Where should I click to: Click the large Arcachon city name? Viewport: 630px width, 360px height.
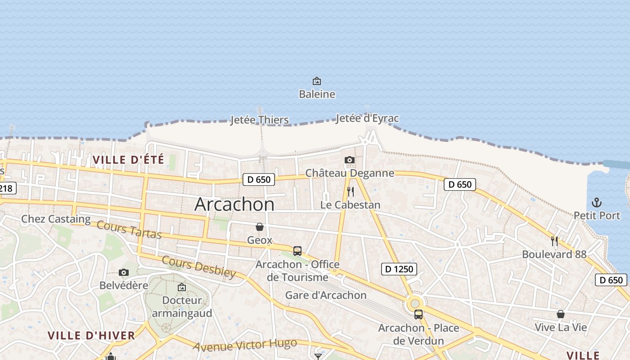(234, 205)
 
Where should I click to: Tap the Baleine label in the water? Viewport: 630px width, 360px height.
(317, 94)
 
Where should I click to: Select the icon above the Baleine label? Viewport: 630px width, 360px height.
(317, 81)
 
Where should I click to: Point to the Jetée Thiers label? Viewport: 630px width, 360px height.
(259, 120)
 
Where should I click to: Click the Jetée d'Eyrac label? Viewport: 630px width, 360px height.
(367, 118)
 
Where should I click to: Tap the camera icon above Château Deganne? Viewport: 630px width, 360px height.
(349, 160)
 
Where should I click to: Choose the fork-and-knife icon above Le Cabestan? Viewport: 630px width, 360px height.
(351, 192)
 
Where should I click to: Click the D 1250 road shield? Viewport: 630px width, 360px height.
(399, 269)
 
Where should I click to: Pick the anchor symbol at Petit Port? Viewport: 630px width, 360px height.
(597, 202)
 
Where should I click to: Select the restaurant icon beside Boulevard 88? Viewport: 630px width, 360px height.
(554, 241)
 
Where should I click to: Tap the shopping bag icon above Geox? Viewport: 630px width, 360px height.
(260, 227)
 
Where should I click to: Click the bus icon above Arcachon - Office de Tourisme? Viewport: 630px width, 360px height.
(297, 251)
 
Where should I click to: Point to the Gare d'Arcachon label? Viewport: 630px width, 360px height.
(326, 295)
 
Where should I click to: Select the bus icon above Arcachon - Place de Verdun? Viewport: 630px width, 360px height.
(418, 315)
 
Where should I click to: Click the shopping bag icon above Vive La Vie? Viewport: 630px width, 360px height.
(561, 314)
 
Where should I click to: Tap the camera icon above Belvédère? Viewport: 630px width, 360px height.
(124, 272)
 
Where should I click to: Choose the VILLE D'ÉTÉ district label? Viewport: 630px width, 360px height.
(128, 159)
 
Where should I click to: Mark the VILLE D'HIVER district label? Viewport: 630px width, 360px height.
(91, 335)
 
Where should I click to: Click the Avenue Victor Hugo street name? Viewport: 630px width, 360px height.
(245, 345)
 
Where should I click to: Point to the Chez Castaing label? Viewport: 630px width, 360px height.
(56, 219)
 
